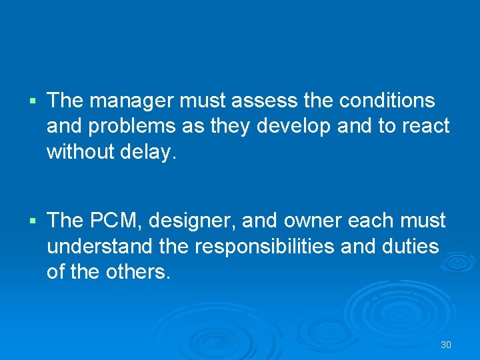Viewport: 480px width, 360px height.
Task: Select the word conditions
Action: tap(387, 101)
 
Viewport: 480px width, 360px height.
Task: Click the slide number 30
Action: tap(446, 345)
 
